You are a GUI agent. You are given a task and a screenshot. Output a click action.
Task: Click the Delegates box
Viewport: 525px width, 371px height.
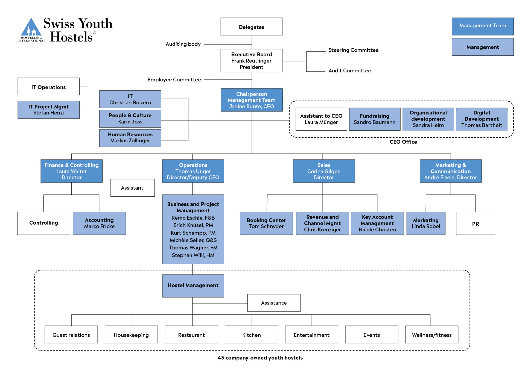(x=251, y=26)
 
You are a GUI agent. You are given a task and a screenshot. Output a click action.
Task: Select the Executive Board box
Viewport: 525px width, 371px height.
(x=251, y=60)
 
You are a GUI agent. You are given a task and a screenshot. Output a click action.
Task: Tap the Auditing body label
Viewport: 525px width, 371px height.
(x=183, y=44)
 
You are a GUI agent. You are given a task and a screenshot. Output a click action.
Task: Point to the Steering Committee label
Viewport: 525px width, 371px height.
(x=353, y=50)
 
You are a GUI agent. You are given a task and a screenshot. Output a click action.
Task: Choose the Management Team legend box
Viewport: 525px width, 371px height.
(x=483, y=26)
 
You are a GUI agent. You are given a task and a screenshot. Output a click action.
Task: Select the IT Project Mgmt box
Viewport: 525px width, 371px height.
(x=48, y=110)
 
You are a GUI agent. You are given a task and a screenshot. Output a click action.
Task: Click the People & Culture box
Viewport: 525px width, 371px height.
(x=130, y=119)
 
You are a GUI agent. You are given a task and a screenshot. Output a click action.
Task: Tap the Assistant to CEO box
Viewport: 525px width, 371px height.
(x=321, y=119)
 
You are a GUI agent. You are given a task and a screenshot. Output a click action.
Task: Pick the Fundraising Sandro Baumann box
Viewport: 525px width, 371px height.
(x=375, y=119)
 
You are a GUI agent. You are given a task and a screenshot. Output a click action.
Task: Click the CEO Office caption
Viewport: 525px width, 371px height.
(x=403, y=142)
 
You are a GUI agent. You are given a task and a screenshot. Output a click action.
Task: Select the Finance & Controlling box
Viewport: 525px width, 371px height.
(x=72, y=171)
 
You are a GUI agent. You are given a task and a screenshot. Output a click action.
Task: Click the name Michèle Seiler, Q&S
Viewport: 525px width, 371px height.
(x=193, y=240)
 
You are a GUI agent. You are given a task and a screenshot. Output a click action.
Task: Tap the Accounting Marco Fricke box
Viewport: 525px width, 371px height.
(x=99, y=223)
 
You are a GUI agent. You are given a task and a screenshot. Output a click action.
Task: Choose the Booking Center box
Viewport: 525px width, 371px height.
(x=266, y=223)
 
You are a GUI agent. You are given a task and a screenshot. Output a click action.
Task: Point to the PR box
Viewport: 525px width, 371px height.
(x=476, y=223)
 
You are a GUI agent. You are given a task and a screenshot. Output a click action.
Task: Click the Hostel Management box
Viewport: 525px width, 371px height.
(x=193, y=286)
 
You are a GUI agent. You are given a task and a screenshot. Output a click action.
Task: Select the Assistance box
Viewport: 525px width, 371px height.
(x=274, y=303)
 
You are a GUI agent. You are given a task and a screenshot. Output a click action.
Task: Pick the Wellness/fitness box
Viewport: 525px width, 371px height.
(x=432, y=334)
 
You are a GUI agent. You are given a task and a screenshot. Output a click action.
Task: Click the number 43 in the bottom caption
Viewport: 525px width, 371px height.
(x=221, y=358)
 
